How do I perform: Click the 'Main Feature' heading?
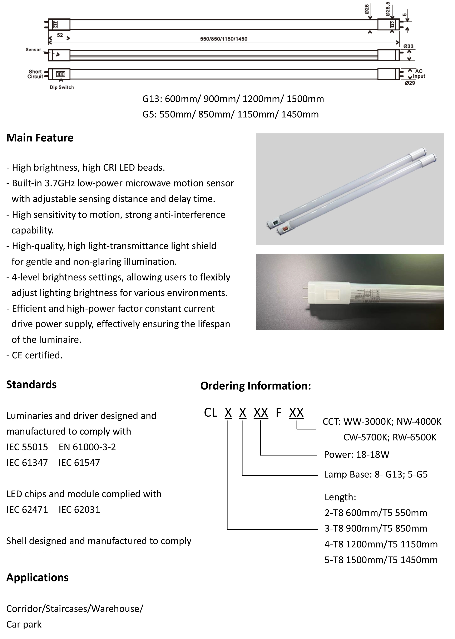coord(40,138)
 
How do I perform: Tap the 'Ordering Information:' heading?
coord(256,386)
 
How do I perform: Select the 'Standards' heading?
coord(31,384)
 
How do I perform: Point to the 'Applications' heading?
coord(37,578)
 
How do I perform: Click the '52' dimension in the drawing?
coord(60,35)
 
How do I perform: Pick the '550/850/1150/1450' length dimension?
coord(224,39)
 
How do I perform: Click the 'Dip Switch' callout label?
coord(62,87)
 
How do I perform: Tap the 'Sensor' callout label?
coord(33,50)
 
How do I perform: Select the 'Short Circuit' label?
coord(35,74)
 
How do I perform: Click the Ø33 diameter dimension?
coord(408,46)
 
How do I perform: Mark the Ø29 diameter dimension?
coord(410,83)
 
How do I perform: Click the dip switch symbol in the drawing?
coord(60,74)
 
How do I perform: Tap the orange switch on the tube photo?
coord(286,229)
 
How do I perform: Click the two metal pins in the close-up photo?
coord(305,292)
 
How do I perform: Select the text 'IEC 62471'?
coord(27,509)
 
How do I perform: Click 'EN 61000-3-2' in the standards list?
coord(87,447)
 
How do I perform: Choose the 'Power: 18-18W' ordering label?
coord(356,455)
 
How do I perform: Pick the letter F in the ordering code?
coord(278,412)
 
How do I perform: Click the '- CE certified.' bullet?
coord(34,355)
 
